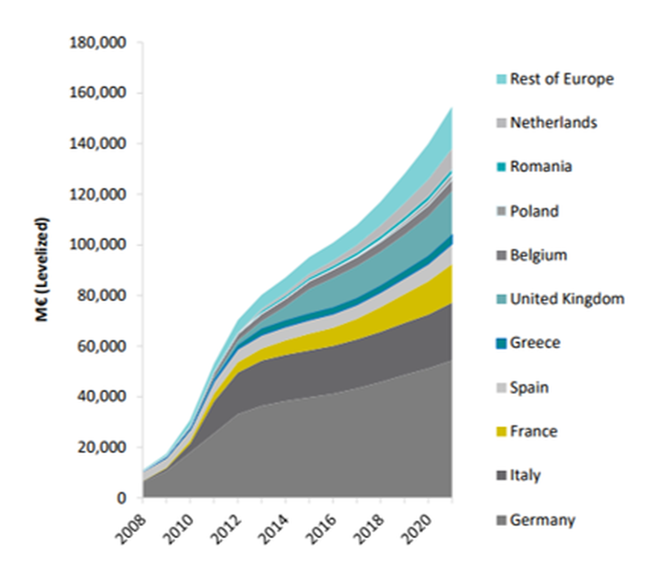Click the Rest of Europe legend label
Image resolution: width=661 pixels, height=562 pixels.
[x=562, y=79]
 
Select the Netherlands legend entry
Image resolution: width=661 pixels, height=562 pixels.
[x=553, y=123]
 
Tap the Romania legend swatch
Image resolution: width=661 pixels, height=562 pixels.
[x=502, y=167]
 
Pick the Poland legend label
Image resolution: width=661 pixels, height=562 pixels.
[x=534, y=211]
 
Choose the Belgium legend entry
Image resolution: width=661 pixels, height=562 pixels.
[x=538, y=255]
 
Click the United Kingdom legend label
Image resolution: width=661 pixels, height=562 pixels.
[x=567, y=299]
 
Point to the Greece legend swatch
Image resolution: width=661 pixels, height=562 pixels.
[x=502, y=343]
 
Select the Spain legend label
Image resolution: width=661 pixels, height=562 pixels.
[x=529, y=388]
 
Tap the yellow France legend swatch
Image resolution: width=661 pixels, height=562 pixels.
[x=502, y=432]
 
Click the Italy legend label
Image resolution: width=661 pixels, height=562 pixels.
[x=525, y=476]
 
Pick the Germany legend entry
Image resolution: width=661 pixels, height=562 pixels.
[x=542, y=520]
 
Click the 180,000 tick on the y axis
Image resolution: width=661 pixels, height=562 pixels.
[x=98, y=43]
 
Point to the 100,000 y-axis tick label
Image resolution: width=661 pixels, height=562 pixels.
[x=98, y=245]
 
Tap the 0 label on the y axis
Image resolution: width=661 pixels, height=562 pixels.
[x=121, y=498]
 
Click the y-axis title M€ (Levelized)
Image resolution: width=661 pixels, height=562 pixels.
[x=42, y=269]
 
